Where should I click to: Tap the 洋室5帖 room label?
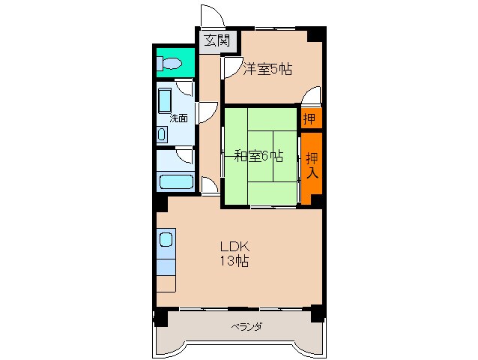267,69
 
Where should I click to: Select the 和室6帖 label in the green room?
258,156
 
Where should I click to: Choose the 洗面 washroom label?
178,118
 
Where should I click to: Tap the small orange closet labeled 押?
309,118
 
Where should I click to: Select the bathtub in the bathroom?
175,181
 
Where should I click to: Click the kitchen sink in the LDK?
166,241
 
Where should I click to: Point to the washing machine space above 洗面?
166,99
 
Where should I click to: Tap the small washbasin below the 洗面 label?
163,134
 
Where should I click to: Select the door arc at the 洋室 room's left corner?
229,67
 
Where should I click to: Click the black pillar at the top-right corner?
318,34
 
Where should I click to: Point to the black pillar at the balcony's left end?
160,316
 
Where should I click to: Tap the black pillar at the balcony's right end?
318,314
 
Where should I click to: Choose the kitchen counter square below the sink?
166,283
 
